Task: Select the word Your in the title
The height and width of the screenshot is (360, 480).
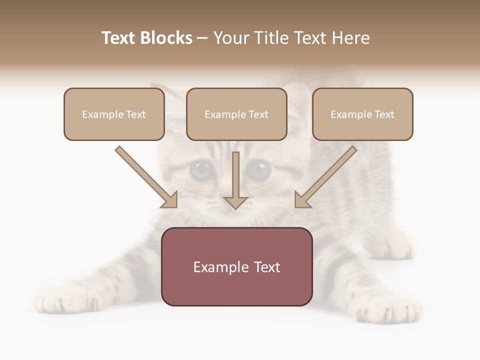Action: pyautogui.click(x=230, y=38)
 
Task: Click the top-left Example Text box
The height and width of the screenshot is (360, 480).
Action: pyautogui.click(x=114, y=114)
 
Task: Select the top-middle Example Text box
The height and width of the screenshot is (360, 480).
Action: pyautogui.click(x=236, y=114)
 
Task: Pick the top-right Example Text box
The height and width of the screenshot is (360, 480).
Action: pyautogui.click(x=362, y=114)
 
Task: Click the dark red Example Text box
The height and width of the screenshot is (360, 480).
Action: pyautogui.click(x=237, y=266)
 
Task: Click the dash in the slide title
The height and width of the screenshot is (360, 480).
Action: pyautogui.click(x=202, y=38)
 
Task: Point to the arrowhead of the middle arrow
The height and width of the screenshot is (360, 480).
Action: pyautogui.click(x=235, y=202)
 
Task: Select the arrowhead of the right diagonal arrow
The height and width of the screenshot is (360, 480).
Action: pyautogui.click(x=301, y=200)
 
